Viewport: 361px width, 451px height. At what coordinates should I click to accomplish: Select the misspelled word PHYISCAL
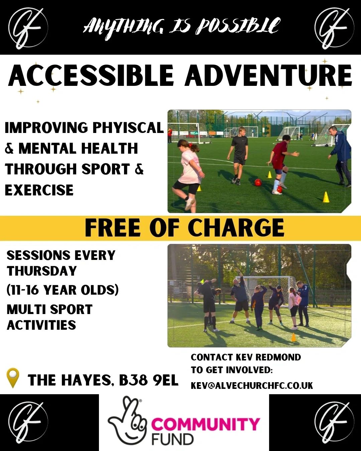tap(128, 128)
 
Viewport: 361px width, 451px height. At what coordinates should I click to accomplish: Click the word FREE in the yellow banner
tap(112, 228)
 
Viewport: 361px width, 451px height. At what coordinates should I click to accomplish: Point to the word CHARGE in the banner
tap(236, 228)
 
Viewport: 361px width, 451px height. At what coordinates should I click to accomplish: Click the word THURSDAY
tap(42, 271)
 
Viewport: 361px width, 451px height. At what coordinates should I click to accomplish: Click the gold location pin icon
tap(13, 378)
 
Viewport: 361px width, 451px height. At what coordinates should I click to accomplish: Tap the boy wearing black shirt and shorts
tap(238, 155)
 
